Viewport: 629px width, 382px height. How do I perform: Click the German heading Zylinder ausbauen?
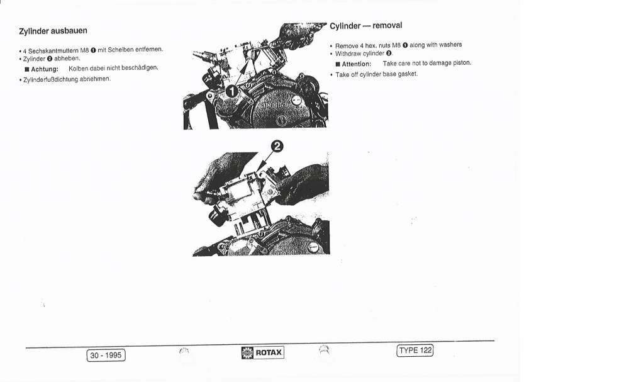coord(53,31)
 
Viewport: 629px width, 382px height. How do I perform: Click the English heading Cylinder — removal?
coord(366,26)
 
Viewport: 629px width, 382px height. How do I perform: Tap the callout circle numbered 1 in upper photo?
coord(232,91)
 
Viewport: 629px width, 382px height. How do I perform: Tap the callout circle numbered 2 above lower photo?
coord(277,147)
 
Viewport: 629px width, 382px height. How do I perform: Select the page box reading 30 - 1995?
coord(106,356)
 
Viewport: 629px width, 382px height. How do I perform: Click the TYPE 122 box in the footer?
coord(415,351)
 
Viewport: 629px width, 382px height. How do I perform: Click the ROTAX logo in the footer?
coord(263,352)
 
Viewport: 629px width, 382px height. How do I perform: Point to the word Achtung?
coord(45,69)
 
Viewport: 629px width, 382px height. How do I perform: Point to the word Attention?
coord(356,64)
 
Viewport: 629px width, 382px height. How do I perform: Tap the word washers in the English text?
coord(450,45)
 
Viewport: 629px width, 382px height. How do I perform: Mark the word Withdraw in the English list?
coord(348,53)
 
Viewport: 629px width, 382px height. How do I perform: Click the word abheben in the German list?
coord(67,59)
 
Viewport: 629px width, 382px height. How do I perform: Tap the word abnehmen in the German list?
coord(95,79)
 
